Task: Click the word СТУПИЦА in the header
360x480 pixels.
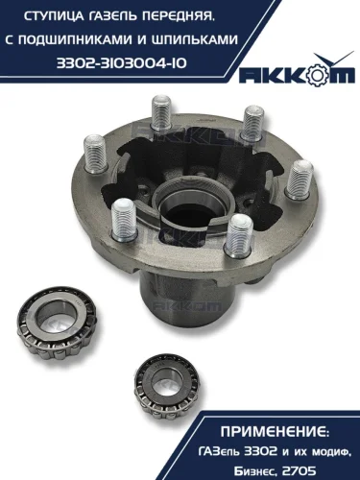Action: (50, 17)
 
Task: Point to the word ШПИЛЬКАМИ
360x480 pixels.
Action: (193, 40)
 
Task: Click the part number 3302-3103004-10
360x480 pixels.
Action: (122, 63)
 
